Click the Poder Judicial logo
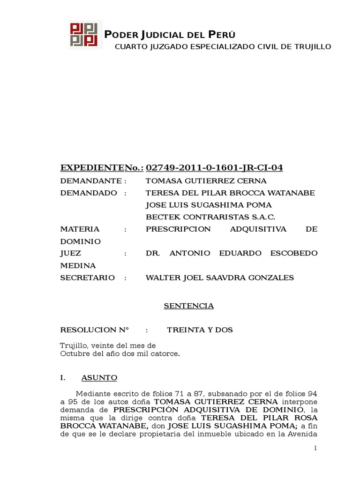coord(85,35)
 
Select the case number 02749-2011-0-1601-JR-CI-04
coord(214,168)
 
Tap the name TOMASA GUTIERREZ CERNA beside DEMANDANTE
coord(206,181)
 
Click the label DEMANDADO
coord(89,193)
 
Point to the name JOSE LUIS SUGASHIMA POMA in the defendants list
coord(209,205)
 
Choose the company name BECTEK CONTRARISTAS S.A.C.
coord(210,217)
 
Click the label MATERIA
coord(80,229)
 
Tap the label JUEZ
coord(71,254)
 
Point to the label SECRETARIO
coord(88,278)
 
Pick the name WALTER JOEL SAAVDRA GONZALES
coord(220,278)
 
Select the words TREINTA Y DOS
coord(200,330)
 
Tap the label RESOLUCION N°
coord(95,330)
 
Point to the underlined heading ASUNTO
coord(99,378)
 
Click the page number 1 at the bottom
coord(316,449)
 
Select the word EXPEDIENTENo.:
coord(102,168)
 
